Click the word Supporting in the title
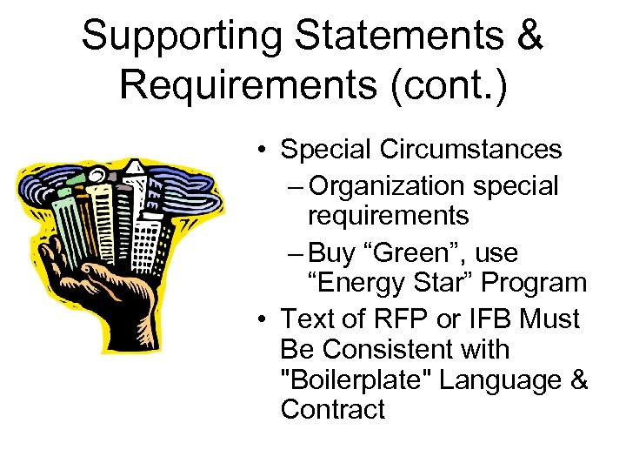coord(182,37)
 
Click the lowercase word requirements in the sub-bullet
coord(388,216)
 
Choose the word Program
coord(534,283)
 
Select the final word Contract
coord(332,410)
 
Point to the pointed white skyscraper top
coord(135,168)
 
